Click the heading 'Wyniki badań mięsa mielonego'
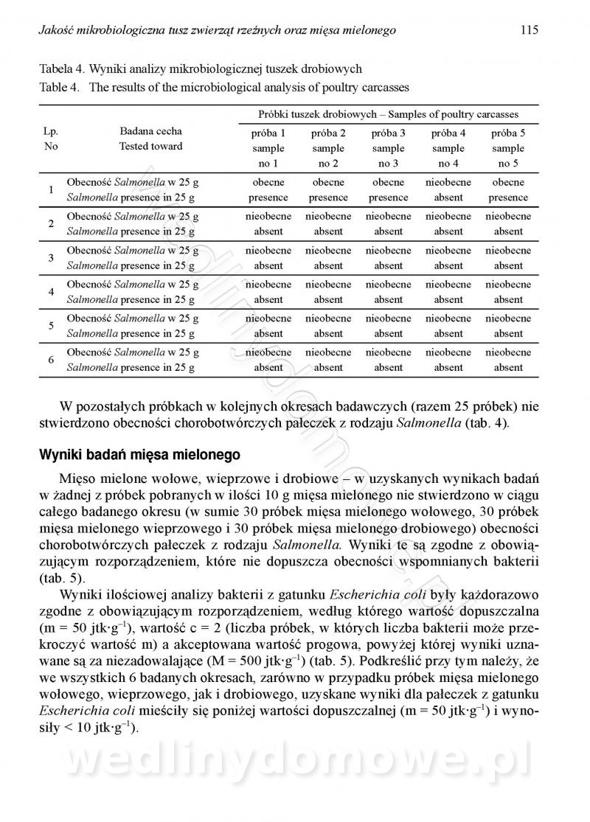click(135, 455)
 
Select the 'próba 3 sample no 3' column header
click(388, 148)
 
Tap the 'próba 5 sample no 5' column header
click(508, 148)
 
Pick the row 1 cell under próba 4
click(448, 190)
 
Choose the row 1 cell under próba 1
click(268, 190)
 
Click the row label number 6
click(51, 360)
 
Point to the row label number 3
click(51, 258)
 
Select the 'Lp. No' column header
click(51, 139)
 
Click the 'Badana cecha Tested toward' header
click(150, 139)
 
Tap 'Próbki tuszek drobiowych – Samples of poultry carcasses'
click(388, 114)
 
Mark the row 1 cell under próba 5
click(508, 190)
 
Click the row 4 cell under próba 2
click(328, 292)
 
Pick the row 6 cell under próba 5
click(508, 360)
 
